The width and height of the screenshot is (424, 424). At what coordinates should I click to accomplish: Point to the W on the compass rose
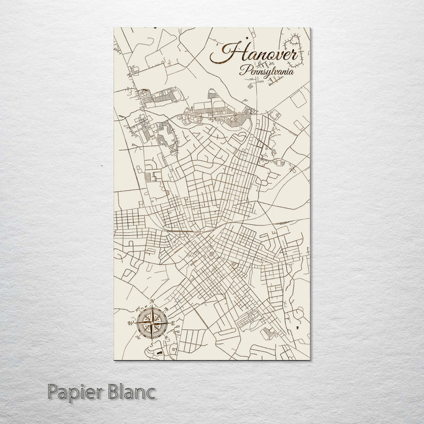coord(130,323)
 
